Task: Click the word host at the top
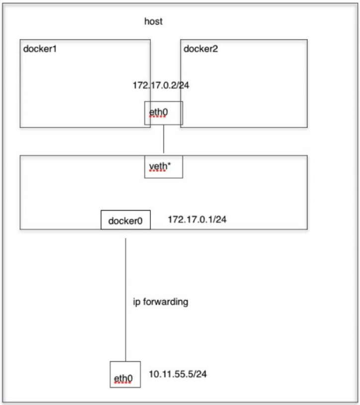[x=153, y=21]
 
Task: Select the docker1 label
[x=40, y=49]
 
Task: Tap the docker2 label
[x=200, y=49]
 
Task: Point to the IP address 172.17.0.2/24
[x=161, y=85]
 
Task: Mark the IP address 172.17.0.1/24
[x=197, y=219]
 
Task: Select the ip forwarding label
[x=161, y=302]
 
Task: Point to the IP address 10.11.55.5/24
[x=178, y=374]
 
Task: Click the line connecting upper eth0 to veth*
[x=164, y=139]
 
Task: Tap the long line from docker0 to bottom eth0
[x=126, y=300]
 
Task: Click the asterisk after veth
[x=169, y=164]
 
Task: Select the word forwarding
[x=166, y=302]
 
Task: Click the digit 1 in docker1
[x=54, y=49]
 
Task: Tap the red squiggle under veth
[x=158, y=170]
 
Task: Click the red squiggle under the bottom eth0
[x=122, y=383]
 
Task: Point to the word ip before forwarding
[x=137, y=302]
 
